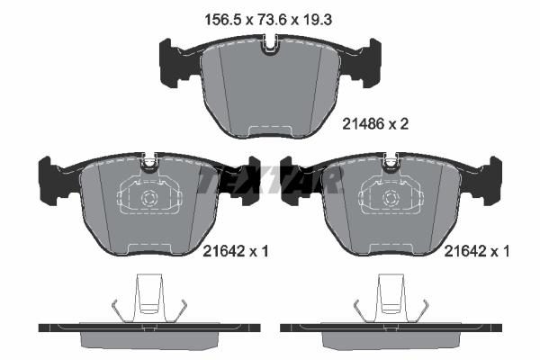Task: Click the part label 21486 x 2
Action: coord(376,125)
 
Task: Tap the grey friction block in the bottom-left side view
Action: coord(148,339)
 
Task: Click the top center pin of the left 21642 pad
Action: coord(148,164)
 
